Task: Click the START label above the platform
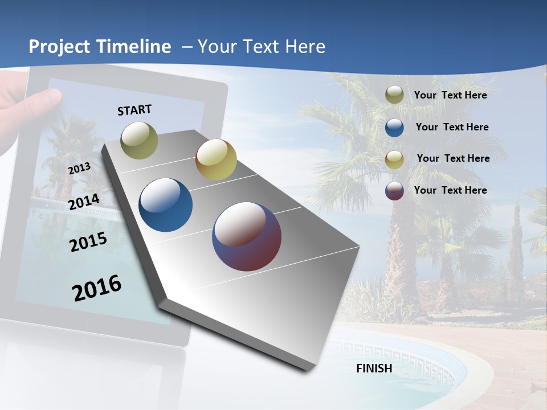(134, 110)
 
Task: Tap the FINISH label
(374, 368)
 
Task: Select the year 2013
(79, 169)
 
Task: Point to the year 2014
(84, 202)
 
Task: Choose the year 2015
(88, 242)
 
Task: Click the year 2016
(97, 288)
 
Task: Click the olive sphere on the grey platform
(139, 140)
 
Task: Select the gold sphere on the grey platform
(216, 159)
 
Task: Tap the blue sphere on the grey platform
(165, 205)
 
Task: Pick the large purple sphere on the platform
(247, 236)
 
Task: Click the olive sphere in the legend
(394, 95)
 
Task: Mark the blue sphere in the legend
(394, 128)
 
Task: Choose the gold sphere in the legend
(394, 159)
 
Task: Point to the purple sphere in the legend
(394, 191)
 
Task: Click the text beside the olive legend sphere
(450, 95)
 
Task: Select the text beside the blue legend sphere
(452, 127)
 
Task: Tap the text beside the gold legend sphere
(453, 158)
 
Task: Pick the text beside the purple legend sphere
(450, 190)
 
